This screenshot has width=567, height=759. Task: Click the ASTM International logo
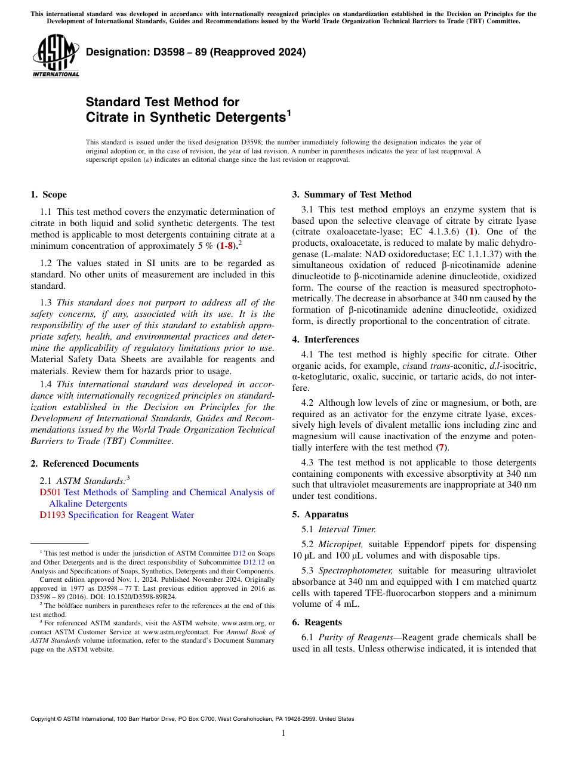pos(56,56)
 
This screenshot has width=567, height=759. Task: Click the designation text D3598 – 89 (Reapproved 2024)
pos(196,53)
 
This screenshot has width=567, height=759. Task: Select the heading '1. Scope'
pos(49,195)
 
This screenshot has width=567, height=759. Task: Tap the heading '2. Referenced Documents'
pos(85,464)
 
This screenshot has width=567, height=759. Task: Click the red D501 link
pos(50,492)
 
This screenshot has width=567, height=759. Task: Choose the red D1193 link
pos(53,515)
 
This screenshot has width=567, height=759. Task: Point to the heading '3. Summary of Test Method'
pos(352,195)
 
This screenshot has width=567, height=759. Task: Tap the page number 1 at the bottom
pos(283,733)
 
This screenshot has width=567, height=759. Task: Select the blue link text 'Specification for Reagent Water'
pos(131,515)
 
